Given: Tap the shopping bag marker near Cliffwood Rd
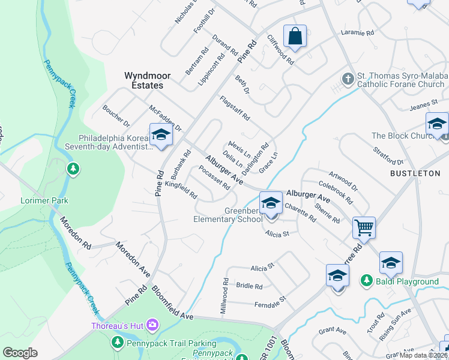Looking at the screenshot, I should click(295, 37).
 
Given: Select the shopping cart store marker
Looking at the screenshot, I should click(364, 228).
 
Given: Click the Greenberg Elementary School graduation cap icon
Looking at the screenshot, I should click(271, 202).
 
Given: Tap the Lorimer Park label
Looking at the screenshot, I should click(44, 200).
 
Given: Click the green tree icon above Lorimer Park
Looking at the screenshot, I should click(73, 169).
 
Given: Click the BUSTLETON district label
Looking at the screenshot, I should click(415, 173).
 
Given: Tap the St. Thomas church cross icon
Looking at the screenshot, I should click(347, 79).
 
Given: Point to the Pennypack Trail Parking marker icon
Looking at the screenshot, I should click(117, 343).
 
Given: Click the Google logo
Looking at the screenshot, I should click(20, 353).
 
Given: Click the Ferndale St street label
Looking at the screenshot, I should click(270, 298).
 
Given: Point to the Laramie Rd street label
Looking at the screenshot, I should click(357, 34).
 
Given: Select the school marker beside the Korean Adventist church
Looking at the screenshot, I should click(161, 135).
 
